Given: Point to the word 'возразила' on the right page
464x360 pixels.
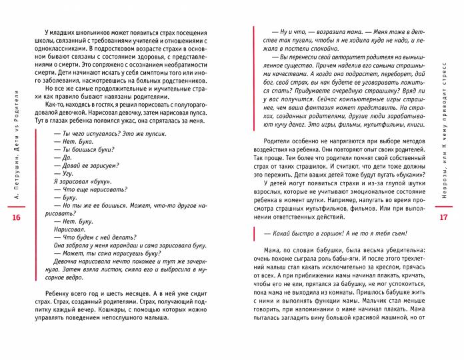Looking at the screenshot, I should point(316,33).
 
